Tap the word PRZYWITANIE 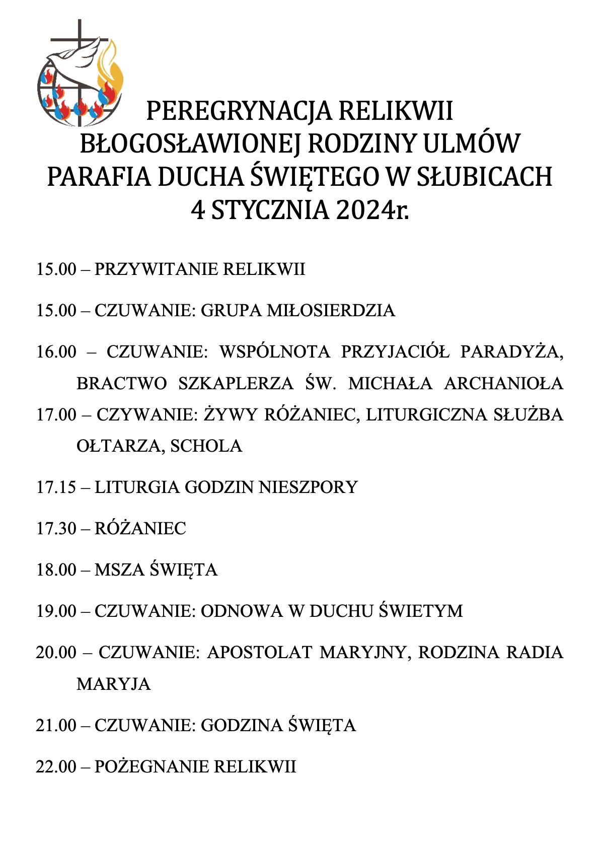tap(156, 269)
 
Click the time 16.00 tap(56, 351)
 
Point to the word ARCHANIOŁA tap(503, 384)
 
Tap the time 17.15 tap(56, 487)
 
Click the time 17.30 tap(56, 529)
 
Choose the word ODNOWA tap(242, 611)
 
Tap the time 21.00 tap(56, 726)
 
